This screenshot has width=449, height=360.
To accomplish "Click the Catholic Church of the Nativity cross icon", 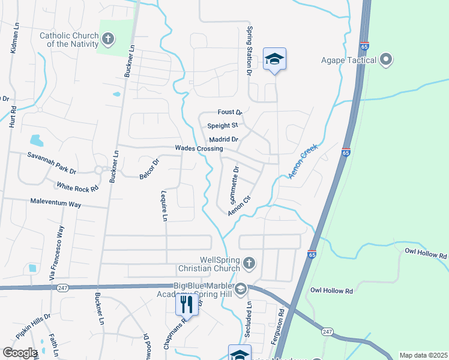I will [108, 40].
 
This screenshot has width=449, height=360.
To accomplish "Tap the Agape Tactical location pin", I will [386, 60].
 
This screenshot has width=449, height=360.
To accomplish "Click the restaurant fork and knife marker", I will [187, 304].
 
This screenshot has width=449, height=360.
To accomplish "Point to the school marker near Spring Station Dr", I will [274, 59].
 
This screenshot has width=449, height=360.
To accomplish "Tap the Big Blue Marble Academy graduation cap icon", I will [240, 289].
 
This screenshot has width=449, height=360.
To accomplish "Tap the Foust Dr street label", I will [229, 112].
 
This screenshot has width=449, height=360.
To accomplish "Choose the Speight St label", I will [223, 126].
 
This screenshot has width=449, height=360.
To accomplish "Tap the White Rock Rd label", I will [77, 187].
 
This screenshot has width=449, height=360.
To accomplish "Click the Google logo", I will [19, 353].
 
